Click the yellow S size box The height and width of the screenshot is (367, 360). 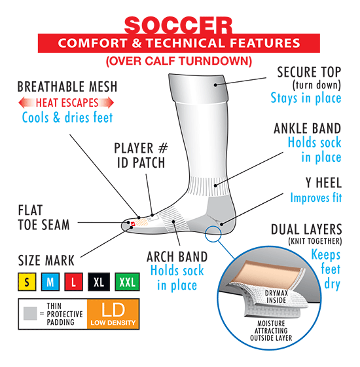tap(27, 282)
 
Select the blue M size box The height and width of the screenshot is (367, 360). tap(50, 282)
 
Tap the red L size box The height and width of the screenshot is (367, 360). tap(73, 282)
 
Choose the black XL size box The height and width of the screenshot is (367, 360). tap(99, 282)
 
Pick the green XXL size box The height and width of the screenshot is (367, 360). tap(128, 282)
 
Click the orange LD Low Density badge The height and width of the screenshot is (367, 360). tap(113, 314)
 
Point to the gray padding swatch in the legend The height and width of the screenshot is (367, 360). tap(30, 313)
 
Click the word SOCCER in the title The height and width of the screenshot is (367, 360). tap(178, 26)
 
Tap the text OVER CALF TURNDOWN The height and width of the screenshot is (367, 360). tap(179, 62)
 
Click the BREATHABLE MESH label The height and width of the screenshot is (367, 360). tap(67, 87)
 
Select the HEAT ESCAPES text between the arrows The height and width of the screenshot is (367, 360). tap(67, 103)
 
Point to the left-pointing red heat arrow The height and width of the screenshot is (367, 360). tap(27, 103)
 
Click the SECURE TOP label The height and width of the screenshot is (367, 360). tap(309, 72)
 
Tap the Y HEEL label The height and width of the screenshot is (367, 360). tap(323, 183)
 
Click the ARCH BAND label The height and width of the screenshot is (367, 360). tap(177, 257)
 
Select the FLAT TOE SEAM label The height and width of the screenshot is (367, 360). tap(44, 218)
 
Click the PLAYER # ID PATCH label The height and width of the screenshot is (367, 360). tap(141, 156)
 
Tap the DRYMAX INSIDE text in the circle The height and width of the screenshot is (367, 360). tap(276, 297)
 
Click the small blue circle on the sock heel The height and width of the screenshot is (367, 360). tap(213, 233)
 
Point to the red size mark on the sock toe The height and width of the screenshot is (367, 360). tap(133, 224)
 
